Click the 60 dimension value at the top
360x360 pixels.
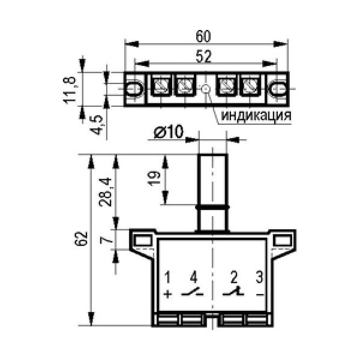tap(203, 36)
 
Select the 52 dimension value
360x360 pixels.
tap(203, 56)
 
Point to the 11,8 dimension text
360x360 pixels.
tap(70, 90)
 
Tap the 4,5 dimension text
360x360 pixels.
tap(97, 125)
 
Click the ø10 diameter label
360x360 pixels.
tap(169, 132)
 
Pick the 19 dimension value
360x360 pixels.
tap(154, 178)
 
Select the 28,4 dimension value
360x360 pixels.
tap(105, 193)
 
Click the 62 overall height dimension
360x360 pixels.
tap(81, 239)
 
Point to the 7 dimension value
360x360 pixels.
tap(106, 241)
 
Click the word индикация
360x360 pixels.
tap(256, 115)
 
